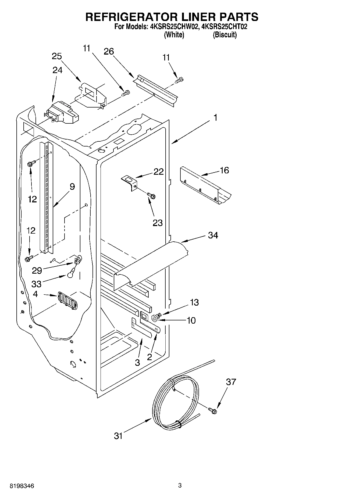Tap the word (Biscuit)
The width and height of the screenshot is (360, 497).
coord(224,35)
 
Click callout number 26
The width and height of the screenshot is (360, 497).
coord(109,51)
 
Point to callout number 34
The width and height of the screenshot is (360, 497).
coord(213,235)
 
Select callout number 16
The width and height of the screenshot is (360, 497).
coord(224,170)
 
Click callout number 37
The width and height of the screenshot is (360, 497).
coord(231,382)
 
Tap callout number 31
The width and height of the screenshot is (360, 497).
coord(118,436)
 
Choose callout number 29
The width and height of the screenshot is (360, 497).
coord(37,270)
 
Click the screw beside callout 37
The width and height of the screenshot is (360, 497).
coord(213,410)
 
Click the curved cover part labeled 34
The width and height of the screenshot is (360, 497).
coord(151,265)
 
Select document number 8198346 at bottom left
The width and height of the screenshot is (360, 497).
coord(22,486)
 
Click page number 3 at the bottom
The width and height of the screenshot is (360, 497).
coord(180,485)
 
